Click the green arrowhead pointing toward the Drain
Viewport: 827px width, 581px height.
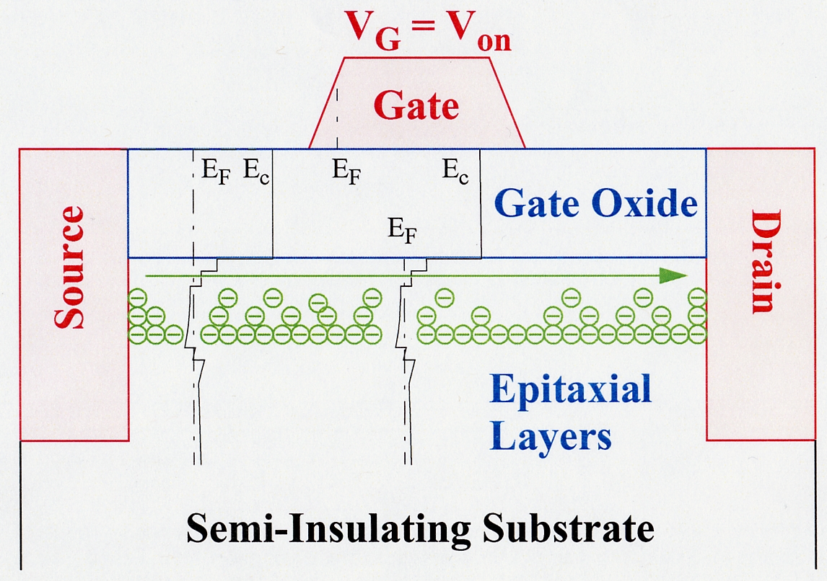[x=675, y=275]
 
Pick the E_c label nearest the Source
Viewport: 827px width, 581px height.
[x=256, y=172]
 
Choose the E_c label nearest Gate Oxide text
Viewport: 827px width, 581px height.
[x=455, y=172]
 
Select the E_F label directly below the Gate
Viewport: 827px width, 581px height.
[x=346, y=172]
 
